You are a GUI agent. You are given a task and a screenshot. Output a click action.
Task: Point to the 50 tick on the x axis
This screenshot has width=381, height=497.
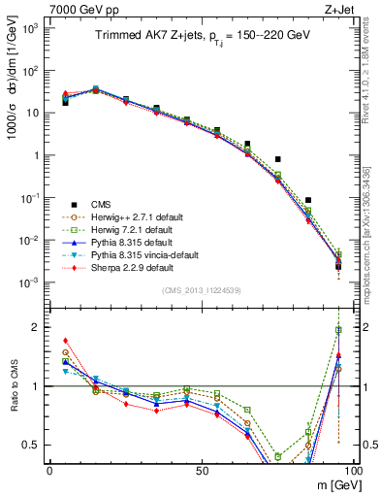(201, 470)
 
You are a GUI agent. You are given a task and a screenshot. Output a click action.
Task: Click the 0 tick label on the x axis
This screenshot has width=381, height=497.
(49, 470)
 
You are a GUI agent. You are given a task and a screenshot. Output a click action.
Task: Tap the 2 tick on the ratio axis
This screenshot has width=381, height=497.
(37, 327)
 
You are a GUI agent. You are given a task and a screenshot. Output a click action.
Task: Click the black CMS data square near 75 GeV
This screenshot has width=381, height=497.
(277, 159)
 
